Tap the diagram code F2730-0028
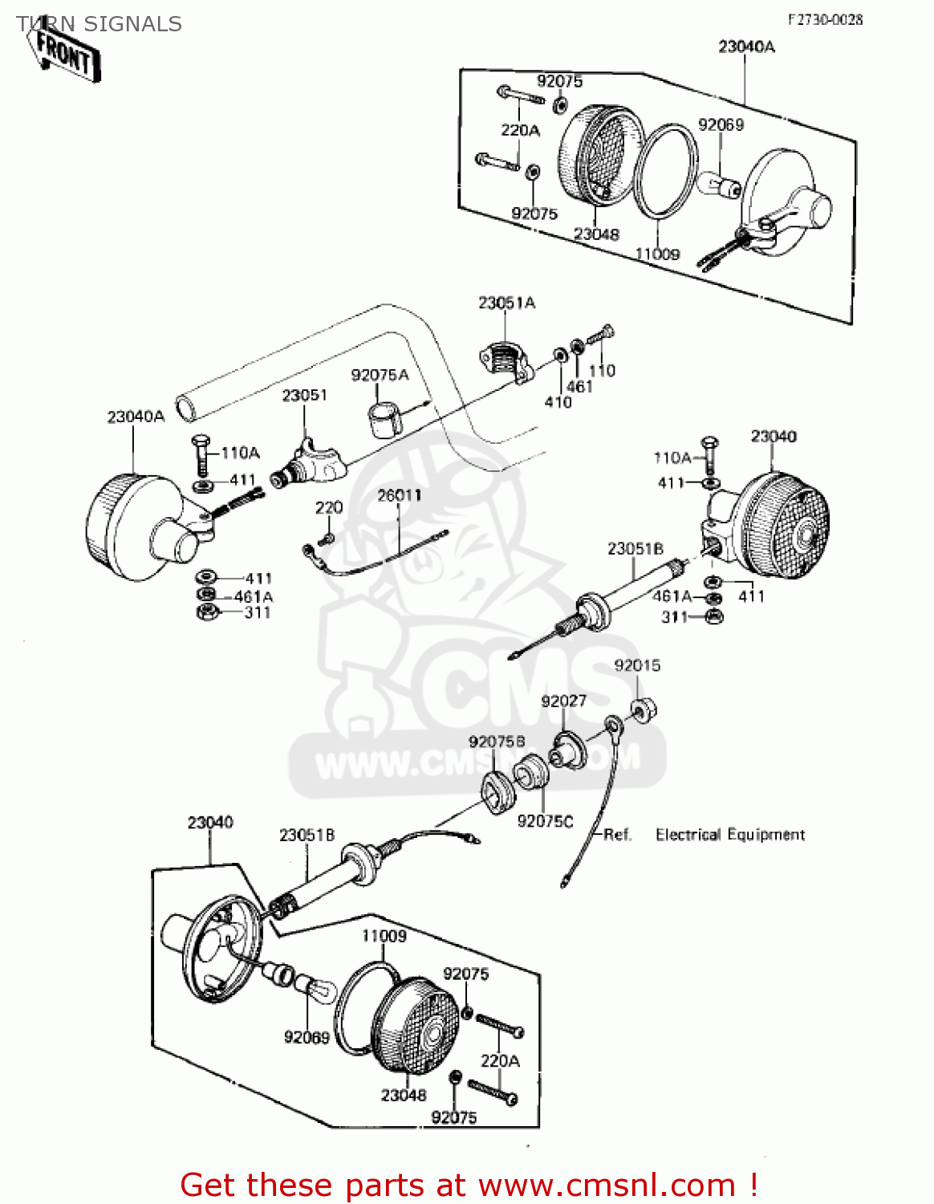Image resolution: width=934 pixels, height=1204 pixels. [x=824, y=19]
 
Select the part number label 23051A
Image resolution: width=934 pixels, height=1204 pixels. [x=506, y=303]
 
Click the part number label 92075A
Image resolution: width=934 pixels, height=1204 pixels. [x=380, y=375]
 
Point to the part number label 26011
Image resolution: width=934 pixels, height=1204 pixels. [x=399, y=495]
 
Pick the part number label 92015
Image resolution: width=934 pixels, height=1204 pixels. [x=637, y=665]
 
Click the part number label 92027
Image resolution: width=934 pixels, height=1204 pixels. [x=563, y=701]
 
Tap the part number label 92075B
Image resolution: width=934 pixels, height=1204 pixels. [x=497, y=742]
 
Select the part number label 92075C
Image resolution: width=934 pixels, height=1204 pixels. [x=545, y=821]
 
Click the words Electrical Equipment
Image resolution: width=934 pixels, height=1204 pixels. [x=729, y=835]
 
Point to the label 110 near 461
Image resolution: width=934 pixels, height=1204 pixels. [x=602, y=371]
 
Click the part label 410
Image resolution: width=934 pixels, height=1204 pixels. [x=558, y=402]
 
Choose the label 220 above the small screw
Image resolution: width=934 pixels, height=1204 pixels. [x=329, y=507]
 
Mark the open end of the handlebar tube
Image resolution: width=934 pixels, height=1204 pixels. [x=187, y=408]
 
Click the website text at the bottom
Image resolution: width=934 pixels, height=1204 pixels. [x=469, y=1185]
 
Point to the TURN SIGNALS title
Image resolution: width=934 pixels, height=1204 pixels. [x=99, y=24]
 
